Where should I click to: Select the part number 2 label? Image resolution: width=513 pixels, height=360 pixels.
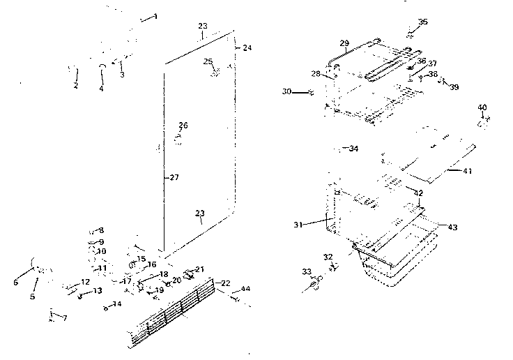76,86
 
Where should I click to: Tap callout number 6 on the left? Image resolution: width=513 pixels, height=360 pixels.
15,282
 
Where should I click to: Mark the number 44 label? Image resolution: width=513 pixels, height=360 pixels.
245,290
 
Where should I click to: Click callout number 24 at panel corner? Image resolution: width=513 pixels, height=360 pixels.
247,47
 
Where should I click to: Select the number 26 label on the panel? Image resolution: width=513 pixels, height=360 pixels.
183,126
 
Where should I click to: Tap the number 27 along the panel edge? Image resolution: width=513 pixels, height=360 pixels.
174,178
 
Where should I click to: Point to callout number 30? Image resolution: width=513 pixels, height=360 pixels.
286,91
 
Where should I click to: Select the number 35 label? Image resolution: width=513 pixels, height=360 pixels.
423,22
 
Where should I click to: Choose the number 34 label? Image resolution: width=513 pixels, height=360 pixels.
353,149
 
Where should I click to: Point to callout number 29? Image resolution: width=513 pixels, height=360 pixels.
344,43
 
